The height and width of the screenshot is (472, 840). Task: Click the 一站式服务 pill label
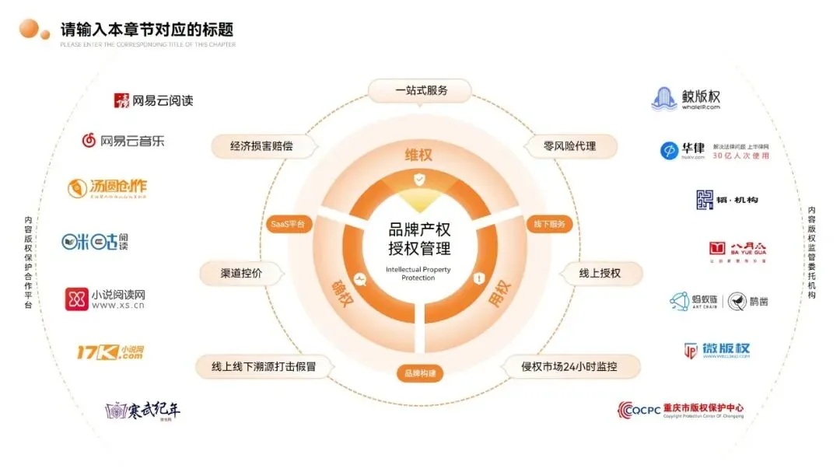pos(421,90)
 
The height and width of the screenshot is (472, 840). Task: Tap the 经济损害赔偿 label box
pos(257,145)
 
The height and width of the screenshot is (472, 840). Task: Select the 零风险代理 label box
pos(569,145)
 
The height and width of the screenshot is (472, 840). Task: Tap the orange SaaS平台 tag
pos(287,224)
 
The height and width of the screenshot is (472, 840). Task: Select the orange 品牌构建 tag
pos(420,373)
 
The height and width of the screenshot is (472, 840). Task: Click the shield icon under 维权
pos(419,180)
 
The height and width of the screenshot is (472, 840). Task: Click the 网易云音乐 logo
pos(124,141)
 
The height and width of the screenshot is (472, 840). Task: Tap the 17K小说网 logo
pos(110,352)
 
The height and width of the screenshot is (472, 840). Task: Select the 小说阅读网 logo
pos(105,299)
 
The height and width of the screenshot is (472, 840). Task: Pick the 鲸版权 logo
pos(686,99)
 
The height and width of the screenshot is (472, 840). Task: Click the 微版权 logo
pos(716,350)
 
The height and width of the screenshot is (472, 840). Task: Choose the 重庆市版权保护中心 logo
pos(681,409)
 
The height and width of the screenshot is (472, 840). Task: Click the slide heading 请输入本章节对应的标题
pos(147,30)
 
